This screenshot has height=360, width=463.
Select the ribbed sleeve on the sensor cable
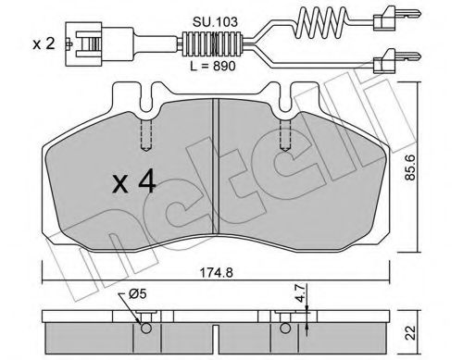[x=210, y=43]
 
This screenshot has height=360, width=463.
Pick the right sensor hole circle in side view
[x=284, y=323]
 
